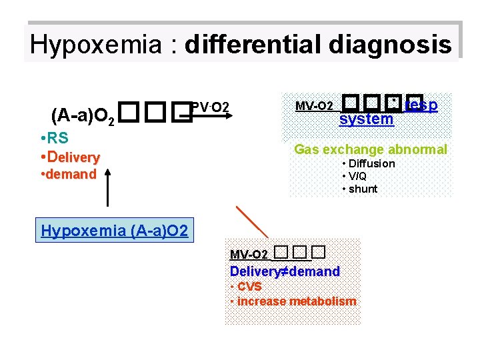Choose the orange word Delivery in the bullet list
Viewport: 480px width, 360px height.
[73, 157]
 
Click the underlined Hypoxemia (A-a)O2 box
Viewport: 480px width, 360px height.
[115, 231]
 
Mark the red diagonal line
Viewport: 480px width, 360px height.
[253, 222]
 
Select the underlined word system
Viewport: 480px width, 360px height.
[366, 119]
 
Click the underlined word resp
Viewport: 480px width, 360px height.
[421, 105]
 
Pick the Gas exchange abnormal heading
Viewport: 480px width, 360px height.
[371, 149]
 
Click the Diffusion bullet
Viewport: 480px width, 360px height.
[371, 163]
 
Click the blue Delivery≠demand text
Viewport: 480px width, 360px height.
[285, 271]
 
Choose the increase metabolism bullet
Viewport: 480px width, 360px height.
[296, 301]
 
